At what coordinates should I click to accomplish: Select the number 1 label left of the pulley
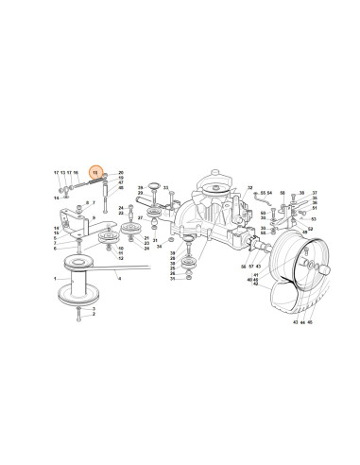pyautogui.click(x=55, y=281)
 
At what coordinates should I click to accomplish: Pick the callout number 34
pyautogui.click(x=160, y=248)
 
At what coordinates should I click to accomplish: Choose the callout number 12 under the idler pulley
pyautogui.click(x=121, y=260)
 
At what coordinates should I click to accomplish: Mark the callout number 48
pyautogui.click(x=121, y=187)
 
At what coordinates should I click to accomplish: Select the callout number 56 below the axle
pyautogui.click(x=243, y=268)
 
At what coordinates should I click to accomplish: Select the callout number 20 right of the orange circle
pyautogui.click(x=121, y=172)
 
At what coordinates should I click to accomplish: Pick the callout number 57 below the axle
pyautogui.click(x=252, y=268)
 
